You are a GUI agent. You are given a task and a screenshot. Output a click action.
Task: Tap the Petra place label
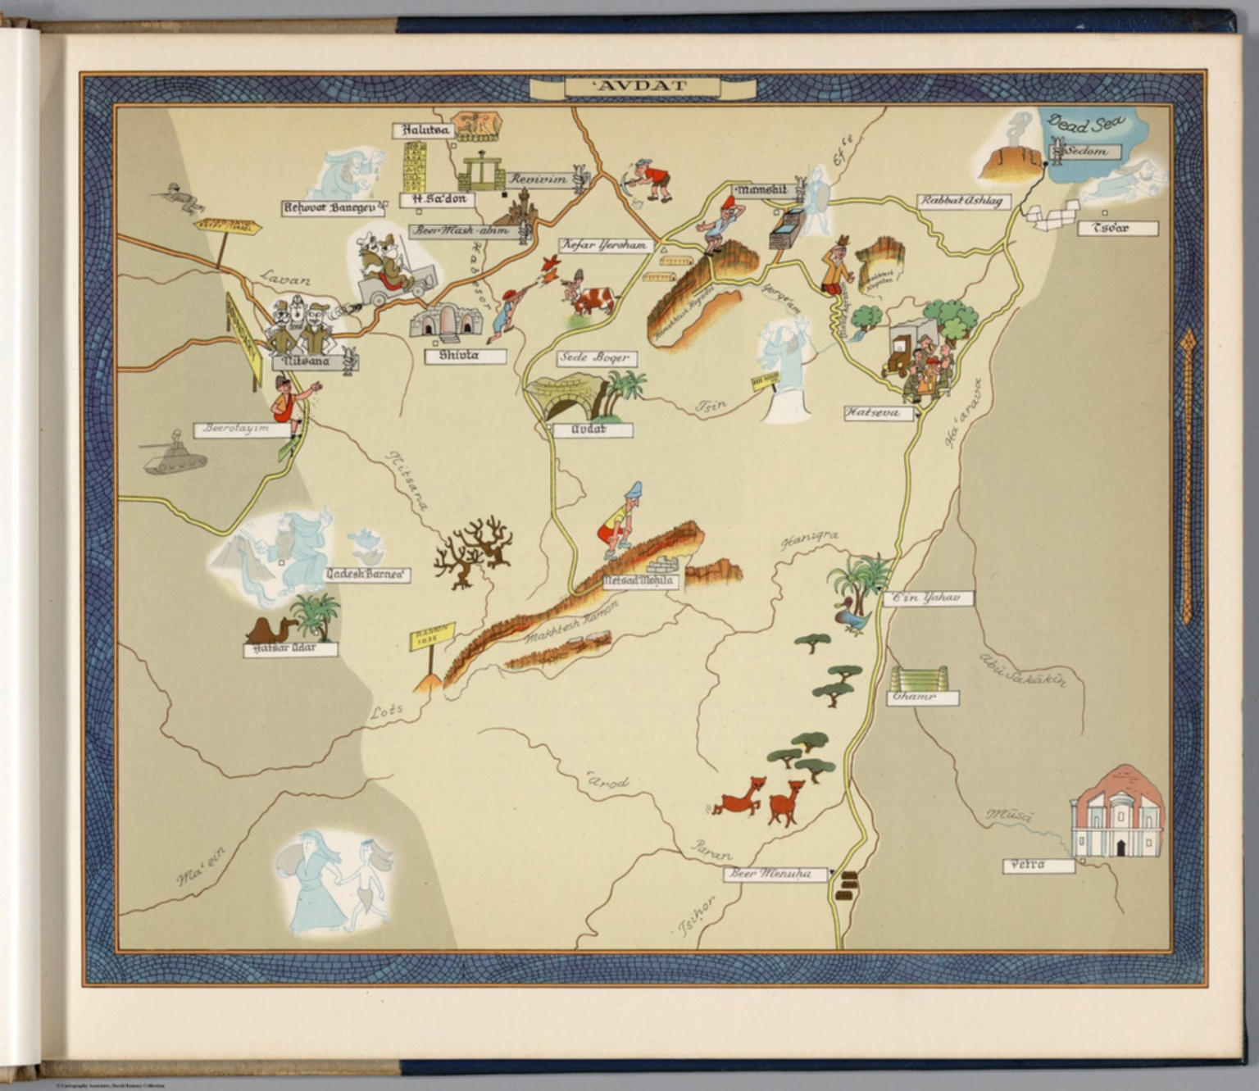(x=1039, y=865)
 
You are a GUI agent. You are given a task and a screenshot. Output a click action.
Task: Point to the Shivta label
(x=465, y=356)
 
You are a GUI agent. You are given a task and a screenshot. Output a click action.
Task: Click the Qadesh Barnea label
(x=367, y=575)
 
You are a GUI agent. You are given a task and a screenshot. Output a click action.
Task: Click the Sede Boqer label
(x=596, y=357)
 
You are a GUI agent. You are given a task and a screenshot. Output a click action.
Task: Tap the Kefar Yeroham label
(x=605, y=244)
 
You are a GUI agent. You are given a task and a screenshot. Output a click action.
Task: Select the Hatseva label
(x=878, y=412)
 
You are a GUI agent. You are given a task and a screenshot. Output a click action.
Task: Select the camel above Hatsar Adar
(x=269, y=630)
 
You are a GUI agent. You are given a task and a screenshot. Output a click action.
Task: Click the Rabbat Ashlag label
(x=963, y=201)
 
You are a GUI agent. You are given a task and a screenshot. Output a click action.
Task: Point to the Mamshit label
(x=762, y=190)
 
